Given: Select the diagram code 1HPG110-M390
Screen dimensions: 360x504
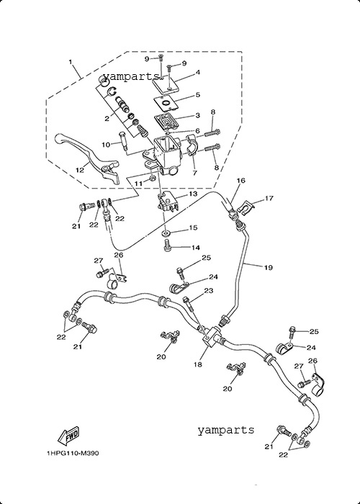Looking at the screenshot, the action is click(73, 454).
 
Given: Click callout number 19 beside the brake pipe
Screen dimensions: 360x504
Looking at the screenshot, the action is click(269, 267).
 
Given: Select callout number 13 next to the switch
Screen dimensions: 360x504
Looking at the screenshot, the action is click(192, 194).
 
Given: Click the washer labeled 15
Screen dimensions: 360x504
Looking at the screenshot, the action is click(167, 233).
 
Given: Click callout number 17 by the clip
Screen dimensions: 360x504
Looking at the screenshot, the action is click(269, 198).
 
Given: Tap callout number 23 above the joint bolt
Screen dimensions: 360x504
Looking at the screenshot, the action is click(209, 291).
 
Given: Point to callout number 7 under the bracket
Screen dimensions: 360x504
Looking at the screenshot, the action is click(194, 173).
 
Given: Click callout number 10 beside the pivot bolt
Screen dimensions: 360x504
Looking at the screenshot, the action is click(106, 145).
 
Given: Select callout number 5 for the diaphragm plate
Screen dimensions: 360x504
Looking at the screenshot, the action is click(198, 95).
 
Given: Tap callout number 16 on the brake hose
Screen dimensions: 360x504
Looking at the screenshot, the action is click(240, 181).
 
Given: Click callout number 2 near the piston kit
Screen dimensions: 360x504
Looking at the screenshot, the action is click(107, 119).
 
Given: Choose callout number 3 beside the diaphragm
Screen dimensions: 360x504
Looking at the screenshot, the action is click(198, 115).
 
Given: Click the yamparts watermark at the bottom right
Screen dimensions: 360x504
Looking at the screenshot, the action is click(225, 430).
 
